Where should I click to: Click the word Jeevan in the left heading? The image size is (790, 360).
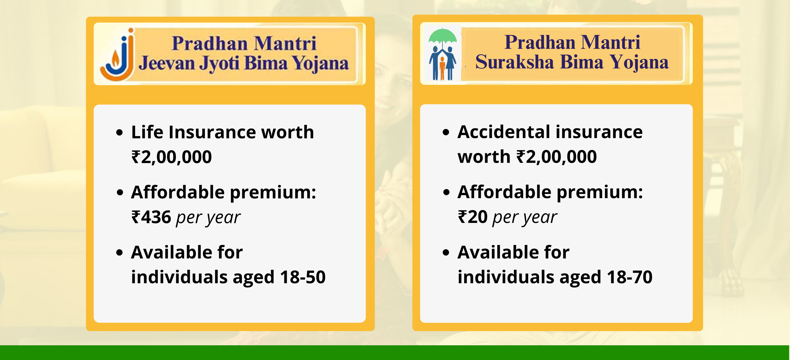coord(167,64)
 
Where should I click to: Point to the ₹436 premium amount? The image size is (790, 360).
coord(151,217)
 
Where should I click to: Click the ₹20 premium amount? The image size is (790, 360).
coord(473,217)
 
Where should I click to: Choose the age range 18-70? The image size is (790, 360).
coord(629,277)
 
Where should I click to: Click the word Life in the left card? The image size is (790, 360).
coord(147,132)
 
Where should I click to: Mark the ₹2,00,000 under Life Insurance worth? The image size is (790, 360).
coord(171,157)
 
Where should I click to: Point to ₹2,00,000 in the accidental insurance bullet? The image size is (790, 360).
coord(556,157)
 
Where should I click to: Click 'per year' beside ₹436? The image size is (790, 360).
coord(208,218)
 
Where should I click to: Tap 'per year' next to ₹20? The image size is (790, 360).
coord(525,218)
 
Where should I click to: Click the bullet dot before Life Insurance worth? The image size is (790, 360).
coord(120,133)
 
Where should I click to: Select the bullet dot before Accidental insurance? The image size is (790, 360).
coord(446,132)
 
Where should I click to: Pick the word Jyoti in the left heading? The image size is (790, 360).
coord(219,64)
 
